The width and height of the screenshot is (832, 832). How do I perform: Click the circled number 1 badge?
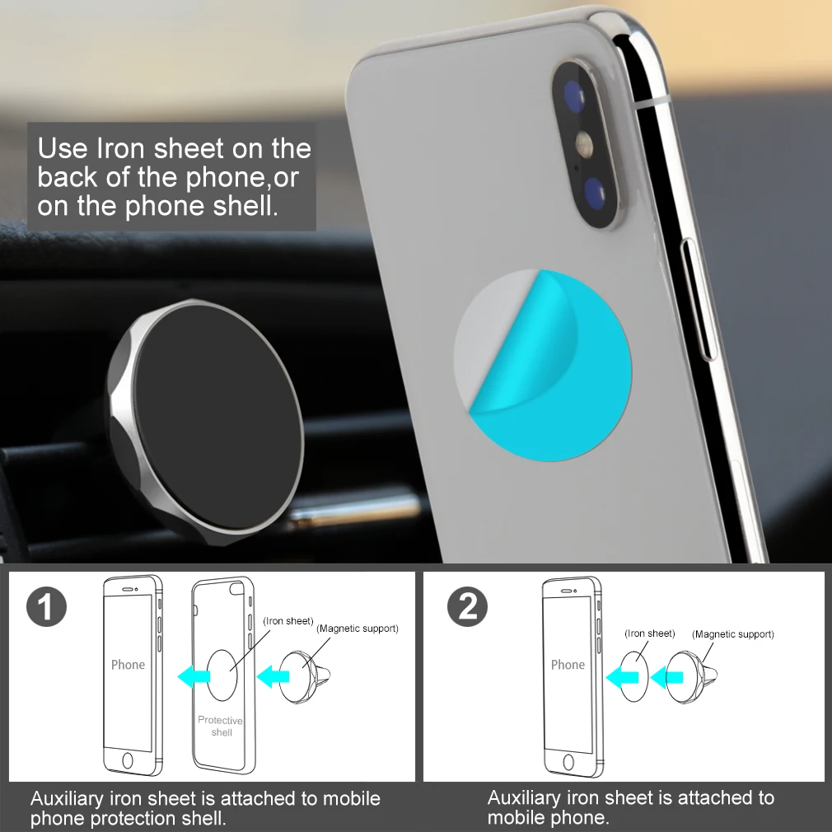46,607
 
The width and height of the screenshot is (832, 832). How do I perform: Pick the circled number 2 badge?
467,607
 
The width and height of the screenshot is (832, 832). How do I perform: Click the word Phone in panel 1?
128,665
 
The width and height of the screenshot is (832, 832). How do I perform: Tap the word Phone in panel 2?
568,665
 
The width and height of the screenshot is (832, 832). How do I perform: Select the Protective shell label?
221,726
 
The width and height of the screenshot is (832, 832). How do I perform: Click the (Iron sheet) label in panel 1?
288,620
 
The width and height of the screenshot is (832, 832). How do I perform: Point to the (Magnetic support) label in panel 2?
733,634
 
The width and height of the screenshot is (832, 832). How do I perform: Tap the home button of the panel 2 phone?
568,760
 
